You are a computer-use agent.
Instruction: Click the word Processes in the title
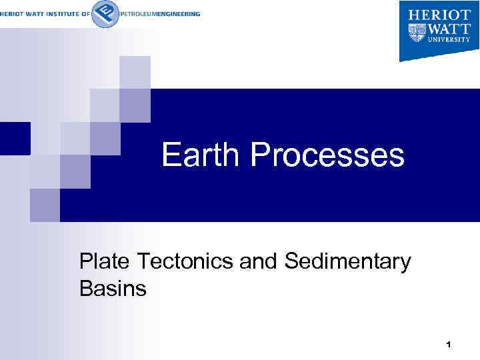[x=327, y=156]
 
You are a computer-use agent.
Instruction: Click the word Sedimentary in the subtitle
[x=347, y=263]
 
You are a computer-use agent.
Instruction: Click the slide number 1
[x=449, y=345]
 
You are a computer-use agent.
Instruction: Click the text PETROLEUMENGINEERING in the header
[x=160, y=14]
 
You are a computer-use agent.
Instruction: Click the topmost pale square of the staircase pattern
[x=135, y=72]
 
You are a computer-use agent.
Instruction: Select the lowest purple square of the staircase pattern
[x=45, y=205]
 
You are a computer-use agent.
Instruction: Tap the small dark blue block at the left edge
[x=15, y=138]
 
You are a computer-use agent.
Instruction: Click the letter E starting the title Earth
[x=171, y=156]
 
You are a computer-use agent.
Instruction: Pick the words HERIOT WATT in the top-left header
[x=23, y=14]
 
